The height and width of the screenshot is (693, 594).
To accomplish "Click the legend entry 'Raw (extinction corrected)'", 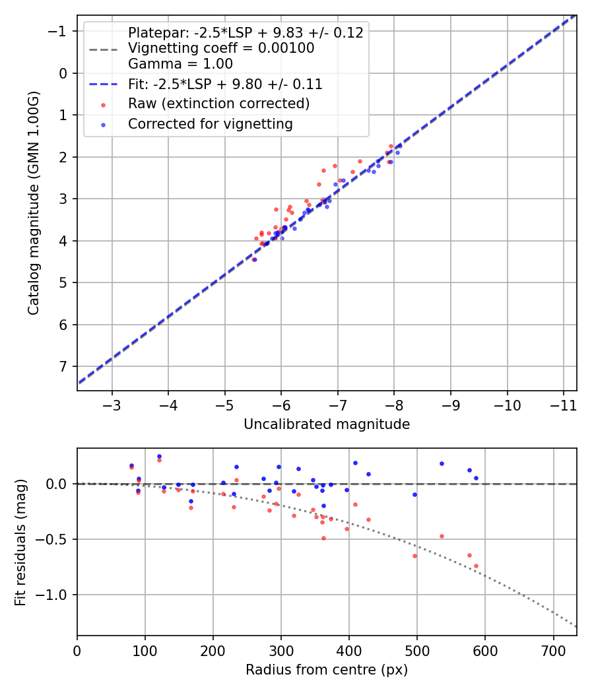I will [x=218, y=104].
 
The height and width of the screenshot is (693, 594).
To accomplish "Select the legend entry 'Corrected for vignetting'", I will [x=211, y=123].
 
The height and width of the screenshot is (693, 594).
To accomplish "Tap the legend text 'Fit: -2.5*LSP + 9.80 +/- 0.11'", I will [x=225, y=84].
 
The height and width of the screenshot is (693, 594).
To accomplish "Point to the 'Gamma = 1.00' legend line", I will [x=180, y=64].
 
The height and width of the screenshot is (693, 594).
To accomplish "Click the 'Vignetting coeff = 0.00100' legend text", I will [x=221, y=48].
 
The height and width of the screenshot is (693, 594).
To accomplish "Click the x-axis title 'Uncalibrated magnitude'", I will [x=327, y=424].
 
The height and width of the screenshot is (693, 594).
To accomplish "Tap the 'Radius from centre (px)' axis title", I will [x=327, y=670].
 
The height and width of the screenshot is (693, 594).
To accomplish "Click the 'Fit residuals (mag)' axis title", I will [x=20, y=542].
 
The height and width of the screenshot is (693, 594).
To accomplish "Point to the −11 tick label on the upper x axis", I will [x=563, y=403].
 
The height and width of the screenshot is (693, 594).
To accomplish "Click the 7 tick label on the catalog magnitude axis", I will [x=63, y=366].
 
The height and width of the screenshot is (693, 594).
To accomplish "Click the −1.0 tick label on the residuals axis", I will [x=54, y=595].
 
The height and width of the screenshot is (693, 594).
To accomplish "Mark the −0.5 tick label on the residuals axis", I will [x=54, y=539].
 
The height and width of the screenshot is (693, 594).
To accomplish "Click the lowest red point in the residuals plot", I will [x=476, y=566].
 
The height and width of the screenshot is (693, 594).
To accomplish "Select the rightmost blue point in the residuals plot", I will [x=476, y=478].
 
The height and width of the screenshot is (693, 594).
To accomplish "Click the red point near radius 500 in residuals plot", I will [x=414, y=556].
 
